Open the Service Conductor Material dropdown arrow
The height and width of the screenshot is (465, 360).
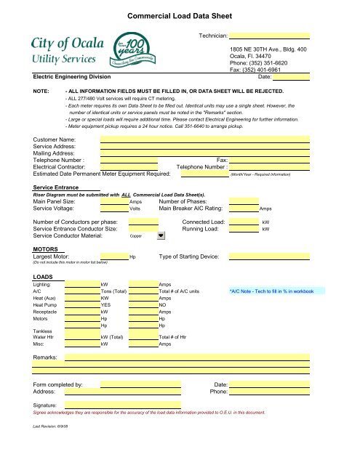pyautogui.click(x=161, y=235)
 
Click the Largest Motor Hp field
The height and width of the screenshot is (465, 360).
pyautogui.click(x=114, y=256)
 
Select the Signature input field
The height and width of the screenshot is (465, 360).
pyautogui.click(x=140, y=405)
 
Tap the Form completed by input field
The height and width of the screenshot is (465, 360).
pyautogui.click(x=140, y=384)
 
